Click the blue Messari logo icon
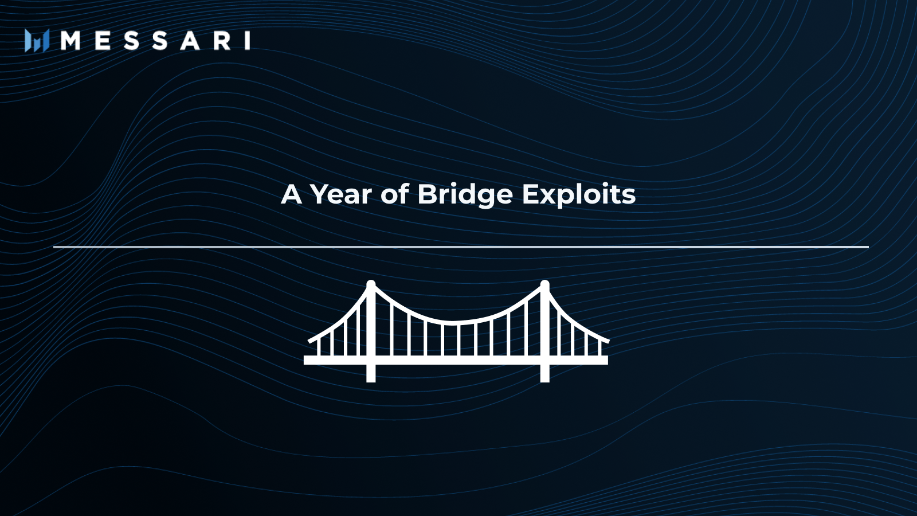point(37,41)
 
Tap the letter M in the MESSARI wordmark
point(70,41)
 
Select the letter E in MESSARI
point(103,41)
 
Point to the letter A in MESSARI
point(190,41)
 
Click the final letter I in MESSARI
point(248,41)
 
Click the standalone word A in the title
point(291,194)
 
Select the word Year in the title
point(341,194)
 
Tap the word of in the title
point(394,194)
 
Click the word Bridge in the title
point(465,194)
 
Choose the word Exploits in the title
point(578,194)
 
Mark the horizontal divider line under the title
point(461,247)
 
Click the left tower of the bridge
point(371,321)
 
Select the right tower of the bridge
point(545,321)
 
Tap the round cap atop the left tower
point(371,284)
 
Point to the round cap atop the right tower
point(545,284)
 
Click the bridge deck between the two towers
point(457,360)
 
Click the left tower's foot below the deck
point(371,374)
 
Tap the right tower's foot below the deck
point(545,374)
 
